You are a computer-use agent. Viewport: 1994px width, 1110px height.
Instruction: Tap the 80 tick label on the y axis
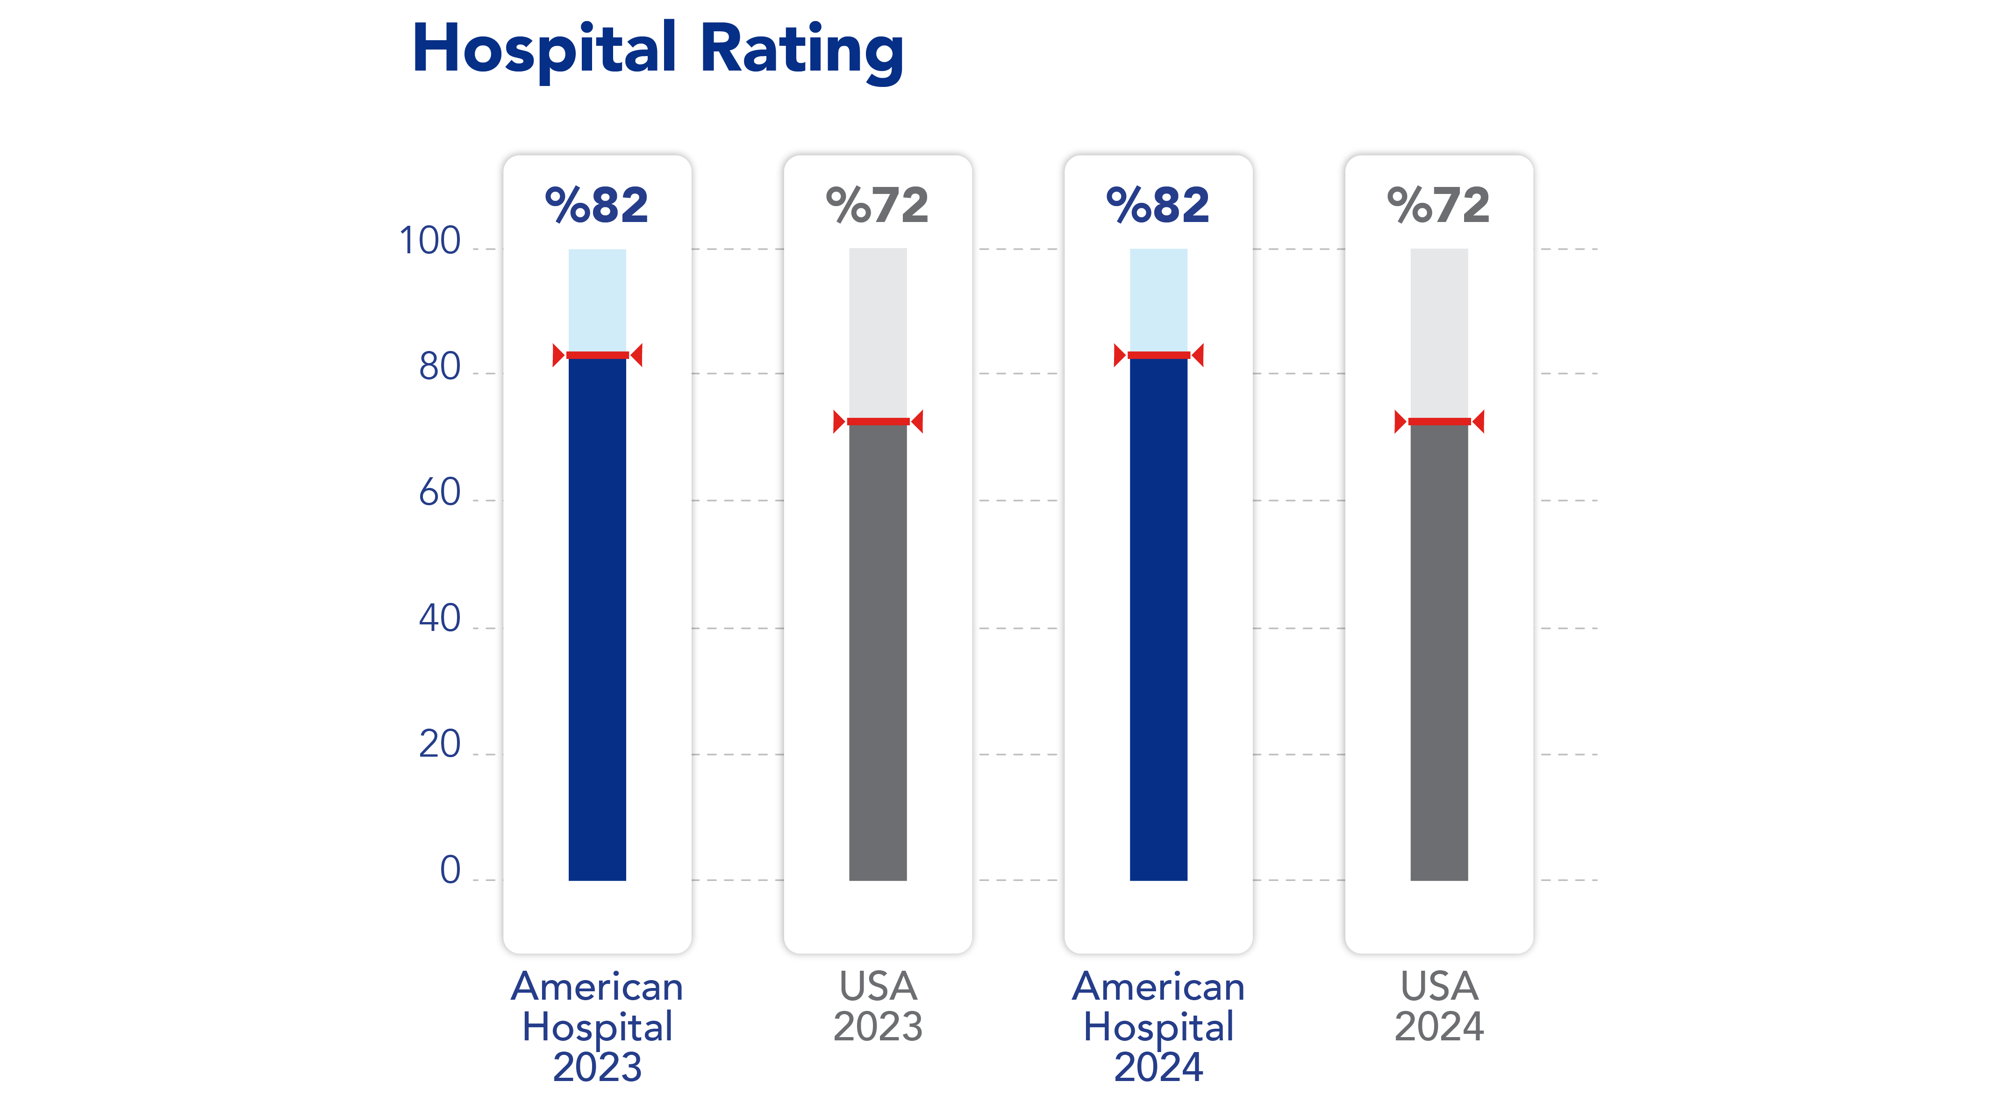pos(440,367)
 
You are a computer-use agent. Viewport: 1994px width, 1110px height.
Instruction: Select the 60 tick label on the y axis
pos(440,493)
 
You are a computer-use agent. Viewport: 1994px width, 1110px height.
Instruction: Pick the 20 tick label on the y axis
pos(440,745)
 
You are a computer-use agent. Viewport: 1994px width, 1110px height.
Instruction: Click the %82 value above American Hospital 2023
pos(597,205)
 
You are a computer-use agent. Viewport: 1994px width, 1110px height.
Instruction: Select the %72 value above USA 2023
pos(877,205)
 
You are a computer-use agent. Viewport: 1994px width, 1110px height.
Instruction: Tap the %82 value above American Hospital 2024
pos(1158,205)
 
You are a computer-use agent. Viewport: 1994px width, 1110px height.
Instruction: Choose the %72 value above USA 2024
pos(1438,205)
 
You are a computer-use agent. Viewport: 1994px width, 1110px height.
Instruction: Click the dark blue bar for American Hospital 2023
pos(597,619)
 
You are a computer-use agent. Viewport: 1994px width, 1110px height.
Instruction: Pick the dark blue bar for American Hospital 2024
pos(1158,619)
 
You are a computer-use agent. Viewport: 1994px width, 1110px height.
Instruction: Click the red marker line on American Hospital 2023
pos(597,355)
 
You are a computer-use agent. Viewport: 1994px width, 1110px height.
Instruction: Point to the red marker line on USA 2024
pos(1439,422)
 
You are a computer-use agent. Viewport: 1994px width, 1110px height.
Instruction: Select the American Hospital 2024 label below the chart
pos(1158,1026)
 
